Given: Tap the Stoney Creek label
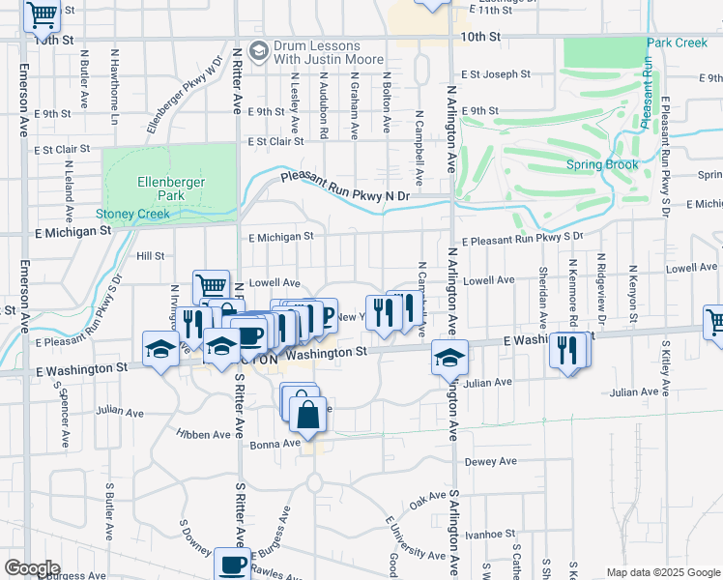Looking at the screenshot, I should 132,214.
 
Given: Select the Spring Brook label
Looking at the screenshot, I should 602,164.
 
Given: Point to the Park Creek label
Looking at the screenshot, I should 678,43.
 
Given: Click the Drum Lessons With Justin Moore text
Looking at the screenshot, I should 317,52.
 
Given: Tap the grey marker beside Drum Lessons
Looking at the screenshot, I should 258,50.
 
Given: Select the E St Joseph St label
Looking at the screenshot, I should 496,73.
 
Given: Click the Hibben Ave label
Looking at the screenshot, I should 203,435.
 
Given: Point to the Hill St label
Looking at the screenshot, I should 150,256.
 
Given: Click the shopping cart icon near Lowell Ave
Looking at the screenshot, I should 211,285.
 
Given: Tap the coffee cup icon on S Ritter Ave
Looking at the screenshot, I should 232,564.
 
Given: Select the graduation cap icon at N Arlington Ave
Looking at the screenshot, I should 449,357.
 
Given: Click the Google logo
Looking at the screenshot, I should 33,568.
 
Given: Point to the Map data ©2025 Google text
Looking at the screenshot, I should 662,572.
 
